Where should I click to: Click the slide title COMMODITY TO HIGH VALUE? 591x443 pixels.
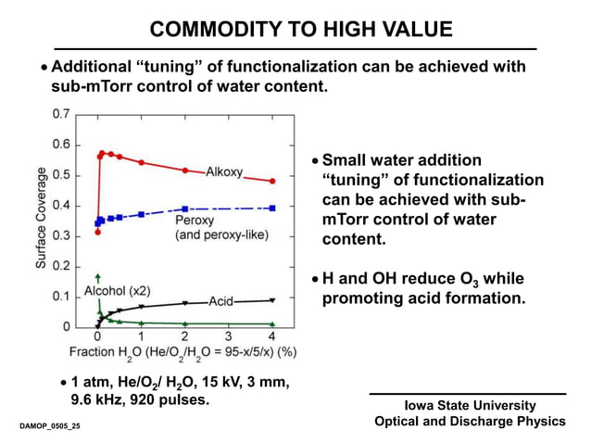coord(301,30)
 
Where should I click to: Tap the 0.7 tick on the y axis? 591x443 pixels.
coord(59,114)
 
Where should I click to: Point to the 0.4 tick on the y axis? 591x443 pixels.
coord(59,205)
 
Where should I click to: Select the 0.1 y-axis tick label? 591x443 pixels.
coord(59,297)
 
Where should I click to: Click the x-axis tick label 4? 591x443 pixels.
coord(271,337)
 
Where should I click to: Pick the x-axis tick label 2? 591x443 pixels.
coord(184,337)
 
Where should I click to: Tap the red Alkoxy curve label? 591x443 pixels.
coord(225,171)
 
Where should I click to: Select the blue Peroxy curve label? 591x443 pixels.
coord(195,221)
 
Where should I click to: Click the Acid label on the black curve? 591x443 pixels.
coord(220,301)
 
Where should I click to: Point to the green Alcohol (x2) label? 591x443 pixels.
coord(117,291)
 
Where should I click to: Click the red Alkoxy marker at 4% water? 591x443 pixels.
coord(271,181)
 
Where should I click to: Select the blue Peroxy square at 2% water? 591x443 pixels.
coord(184,209)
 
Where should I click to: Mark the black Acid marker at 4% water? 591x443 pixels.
coord(271,300)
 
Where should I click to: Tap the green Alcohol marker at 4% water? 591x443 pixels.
coord(271,324)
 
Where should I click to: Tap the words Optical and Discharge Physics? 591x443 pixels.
coord(470,422)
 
